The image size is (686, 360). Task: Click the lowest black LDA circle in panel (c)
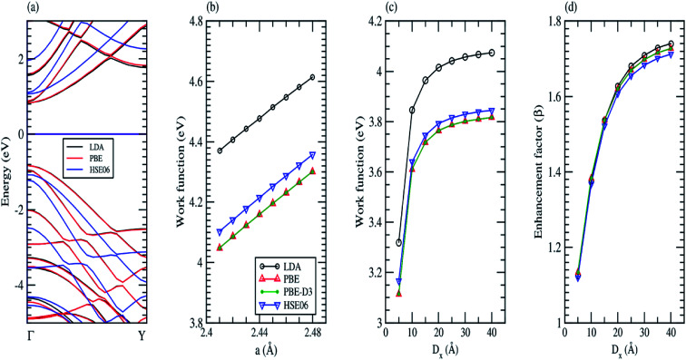tap(398, 242)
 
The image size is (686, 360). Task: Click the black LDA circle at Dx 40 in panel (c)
tap(492, 53)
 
